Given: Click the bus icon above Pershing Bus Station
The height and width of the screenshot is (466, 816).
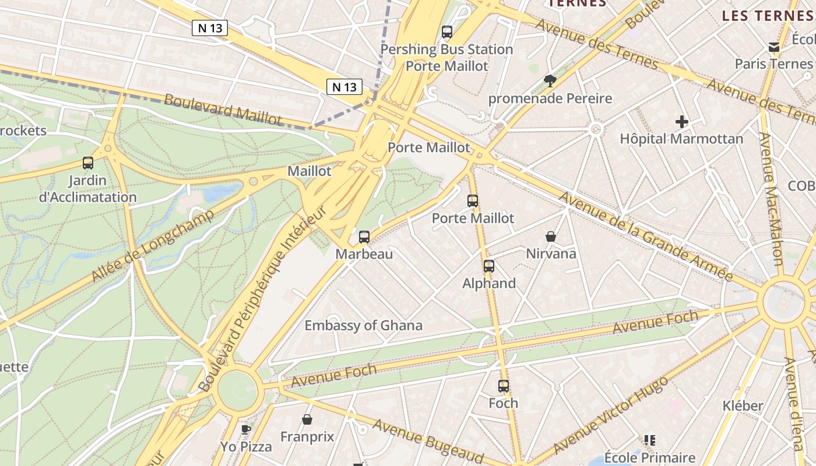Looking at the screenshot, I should click(447, 32).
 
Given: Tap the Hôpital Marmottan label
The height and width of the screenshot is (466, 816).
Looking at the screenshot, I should click(681, 139).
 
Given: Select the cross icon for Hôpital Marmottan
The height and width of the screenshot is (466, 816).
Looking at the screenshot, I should click(681, 122).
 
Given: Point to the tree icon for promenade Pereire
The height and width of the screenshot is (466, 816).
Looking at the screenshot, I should click(550, 81).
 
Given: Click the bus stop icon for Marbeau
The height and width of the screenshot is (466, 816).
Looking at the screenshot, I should click(364, 236).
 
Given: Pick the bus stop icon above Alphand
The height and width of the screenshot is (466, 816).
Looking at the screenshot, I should click(489, 266).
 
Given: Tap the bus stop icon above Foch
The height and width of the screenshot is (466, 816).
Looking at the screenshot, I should click(504, 386).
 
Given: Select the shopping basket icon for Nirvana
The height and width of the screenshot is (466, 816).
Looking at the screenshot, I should click(551, 236).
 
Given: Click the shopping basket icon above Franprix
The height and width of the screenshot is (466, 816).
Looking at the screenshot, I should click(307, 419).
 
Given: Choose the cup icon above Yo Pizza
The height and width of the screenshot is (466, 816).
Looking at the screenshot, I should click(246, 429).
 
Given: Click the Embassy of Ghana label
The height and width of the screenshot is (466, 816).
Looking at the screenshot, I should click(363, 326).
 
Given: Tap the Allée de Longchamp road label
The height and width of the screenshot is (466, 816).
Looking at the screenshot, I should click(153, 246).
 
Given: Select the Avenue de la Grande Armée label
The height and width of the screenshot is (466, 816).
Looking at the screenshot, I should click(645, 235).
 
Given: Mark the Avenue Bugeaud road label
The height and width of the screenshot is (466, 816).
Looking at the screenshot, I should click(428, 440).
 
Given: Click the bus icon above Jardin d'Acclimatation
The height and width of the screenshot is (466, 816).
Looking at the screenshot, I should click(88, 163).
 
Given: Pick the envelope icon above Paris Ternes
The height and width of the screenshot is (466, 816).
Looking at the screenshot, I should click(773, 47).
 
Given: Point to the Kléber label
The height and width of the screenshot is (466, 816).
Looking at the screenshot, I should click(743, 406).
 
